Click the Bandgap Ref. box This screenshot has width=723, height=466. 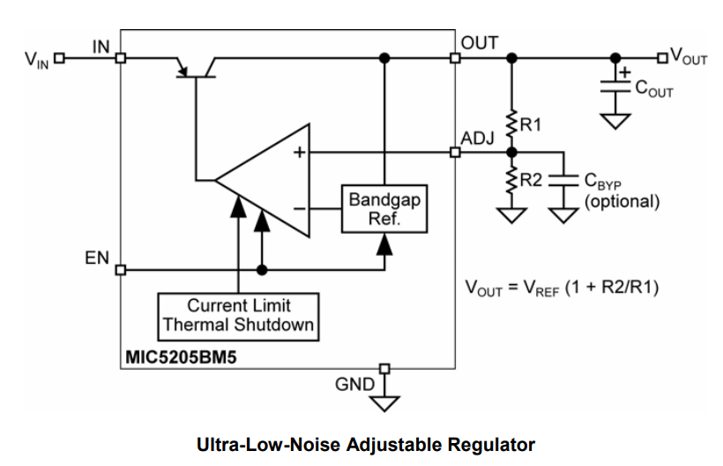[384, 209]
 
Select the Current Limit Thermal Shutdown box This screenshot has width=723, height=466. [238, 315]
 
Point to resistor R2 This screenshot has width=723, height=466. [511, 181]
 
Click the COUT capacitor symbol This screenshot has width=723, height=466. [615, 86]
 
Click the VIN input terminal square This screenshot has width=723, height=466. [59, 59]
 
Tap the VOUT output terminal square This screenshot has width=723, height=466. [662, 59]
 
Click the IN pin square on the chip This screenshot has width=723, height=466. [120, 59]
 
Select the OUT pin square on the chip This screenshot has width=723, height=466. [455, 59]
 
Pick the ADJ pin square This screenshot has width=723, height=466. [455, 152]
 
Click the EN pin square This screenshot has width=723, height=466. [120, 269]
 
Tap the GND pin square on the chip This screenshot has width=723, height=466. [384, 367]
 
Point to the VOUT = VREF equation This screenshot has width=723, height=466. [562, 288]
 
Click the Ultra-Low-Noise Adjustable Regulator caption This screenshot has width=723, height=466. [366, 443]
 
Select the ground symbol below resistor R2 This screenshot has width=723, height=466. [511, 214]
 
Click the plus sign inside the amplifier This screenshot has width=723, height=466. [299, 153]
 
